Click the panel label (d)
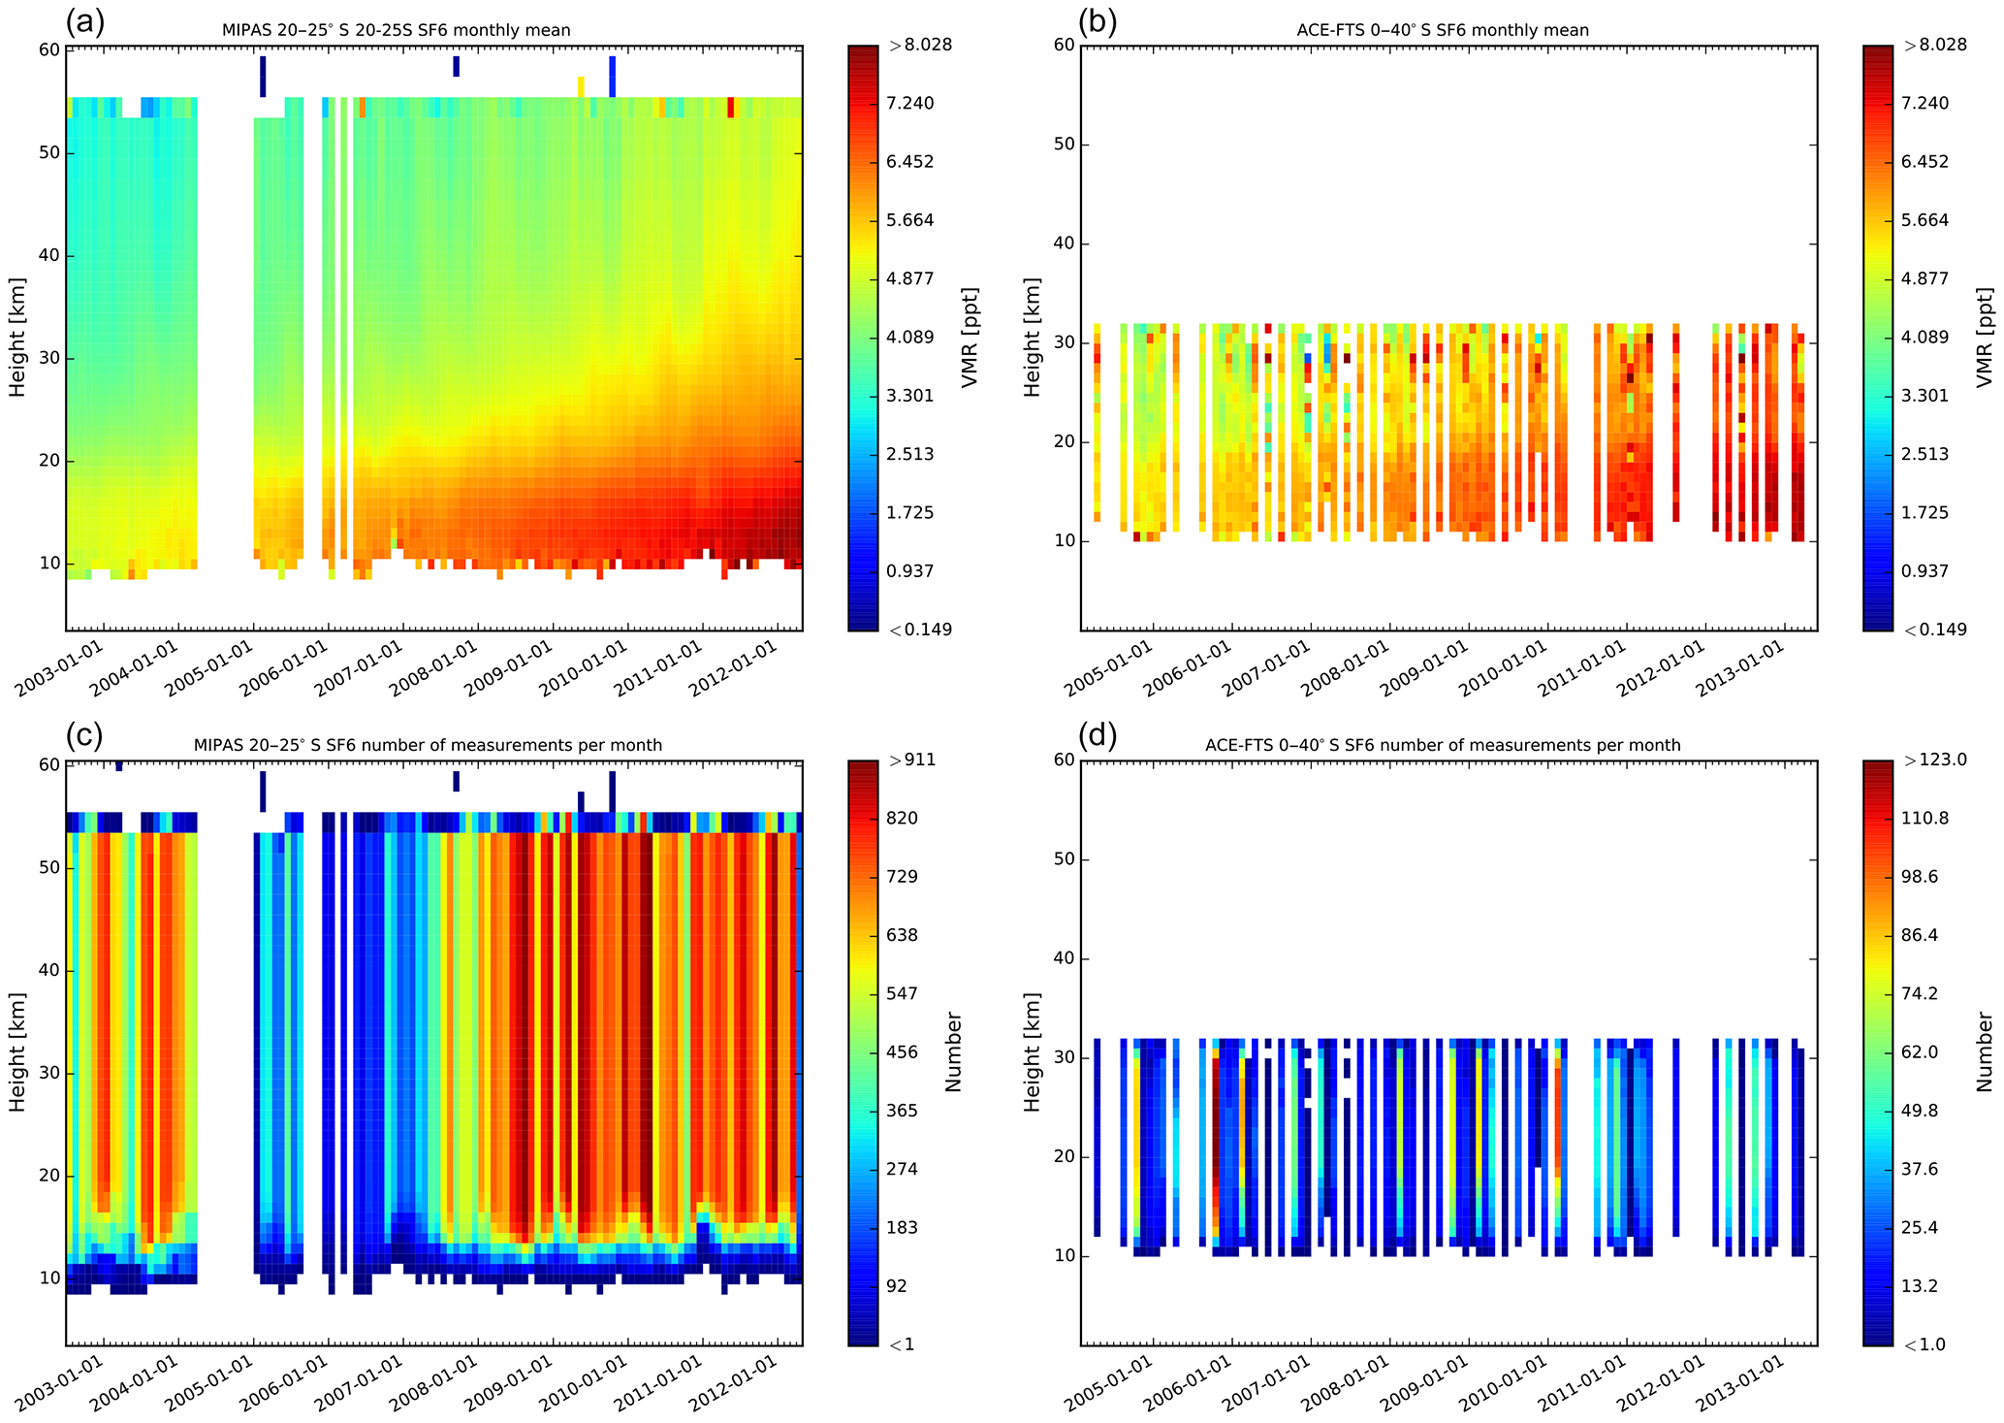tap(1098, 735)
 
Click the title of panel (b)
tap(1443, 30)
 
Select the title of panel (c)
tap(428, 745)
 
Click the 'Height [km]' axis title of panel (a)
tap(16, 337)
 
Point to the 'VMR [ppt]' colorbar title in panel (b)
tap(1986, 337)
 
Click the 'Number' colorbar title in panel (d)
tap(1986, 1051)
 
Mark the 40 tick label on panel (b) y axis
tap(1064, 244)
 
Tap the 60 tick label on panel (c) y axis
tap(48, 765)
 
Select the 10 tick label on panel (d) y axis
tap(1064, 1256)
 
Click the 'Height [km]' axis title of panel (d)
tap(1032, 1051)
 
